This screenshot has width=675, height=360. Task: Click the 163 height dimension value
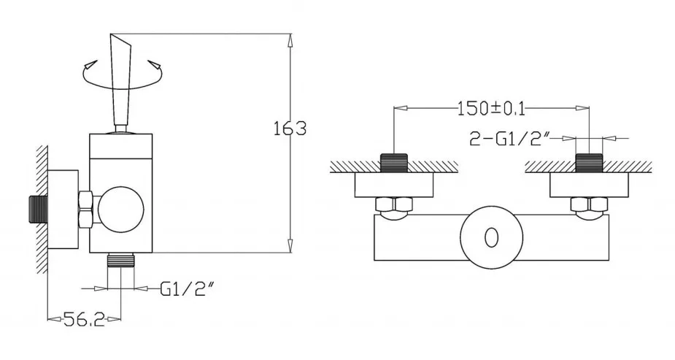pyautogui.click(x=290, y=129)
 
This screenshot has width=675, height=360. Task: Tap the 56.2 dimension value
pyautogui.click(x=84, y=319)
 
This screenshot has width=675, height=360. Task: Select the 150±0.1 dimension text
pyautogui.click(x=491, y=109)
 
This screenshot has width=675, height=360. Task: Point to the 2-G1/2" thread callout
pyautogui.click(x=509, y=139)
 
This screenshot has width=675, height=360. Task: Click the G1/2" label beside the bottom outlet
pyautogui.click(x=187, y=288)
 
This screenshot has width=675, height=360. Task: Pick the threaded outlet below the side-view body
pyautogui.click(x=121, y=260)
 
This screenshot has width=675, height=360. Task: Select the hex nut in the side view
pyautogui.click(x=87, y=210)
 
